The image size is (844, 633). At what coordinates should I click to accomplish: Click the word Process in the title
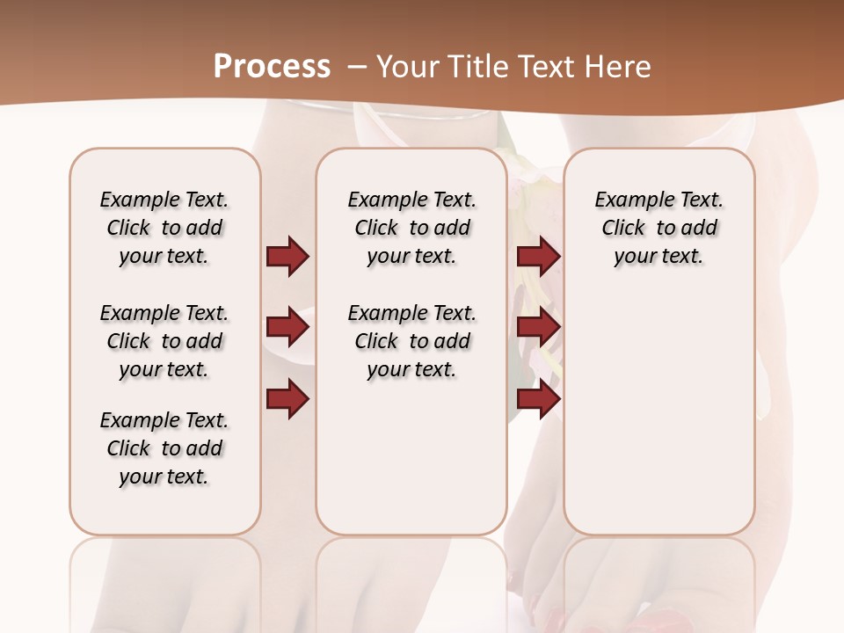tap(272, 67)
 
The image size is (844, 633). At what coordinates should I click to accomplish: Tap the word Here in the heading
tap(619, 67)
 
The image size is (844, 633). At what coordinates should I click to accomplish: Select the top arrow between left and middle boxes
tap(287, 256)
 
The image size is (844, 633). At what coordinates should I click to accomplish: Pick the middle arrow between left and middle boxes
tap(287, 328)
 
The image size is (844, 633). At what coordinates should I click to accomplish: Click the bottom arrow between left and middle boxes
tap(287, 399)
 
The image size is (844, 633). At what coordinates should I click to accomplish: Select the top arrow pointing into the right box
tap(538, 256)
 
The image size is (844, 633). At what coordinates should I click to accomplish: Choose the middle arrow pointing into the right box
tap(538, 328)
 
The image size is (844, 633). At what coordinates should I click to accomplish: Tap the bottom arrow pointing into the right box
tap(538, 399)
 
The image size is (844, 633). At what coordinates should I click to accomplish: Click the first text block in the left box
tap(164, 228)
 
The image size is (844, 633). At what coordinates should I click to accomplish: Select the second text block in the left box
tap(164, 341)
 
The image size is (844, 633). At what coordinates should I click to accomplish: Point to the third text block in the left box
tap(164, 448)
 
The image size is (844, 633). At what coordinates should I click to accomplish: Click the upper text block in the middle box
tap(411, 228)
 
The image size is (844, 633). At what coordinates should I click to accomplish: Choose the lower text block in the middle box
tap(411, 341)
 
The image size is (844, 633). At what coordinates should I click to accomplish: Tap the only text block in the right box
tap(658, 228)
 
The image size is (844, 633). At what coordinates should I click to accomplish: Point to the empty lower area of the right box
tap(658, 413)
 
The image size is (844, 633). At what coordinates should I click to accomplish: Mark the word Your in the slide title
tap(407, 67)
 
